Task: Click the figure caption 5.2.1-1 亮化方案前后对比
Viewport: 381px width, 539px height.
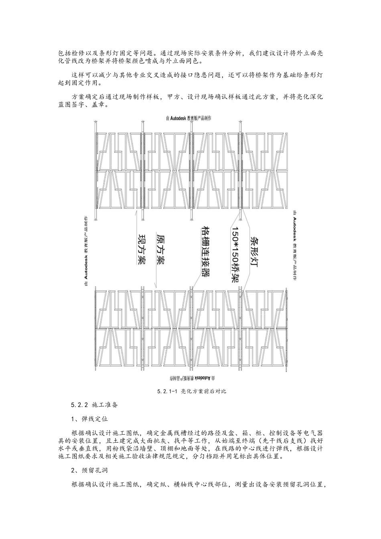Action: tap(192, 391)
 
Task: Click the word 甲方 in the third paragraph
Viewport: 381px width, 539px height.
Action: tap(174, 97)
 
